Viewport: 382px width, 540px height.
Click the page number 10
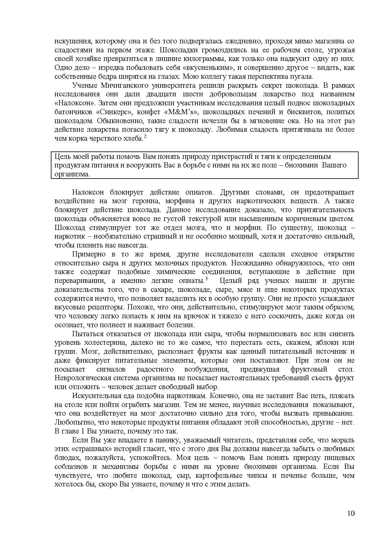pyautogui.click(x=351, y=513)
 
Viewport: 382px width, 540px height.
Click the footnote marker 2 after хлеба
pyautogui.click(x=145, y=136)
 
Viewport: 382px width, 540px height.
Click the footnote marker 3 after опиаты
pyautogui.click(x=206, y=279)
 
